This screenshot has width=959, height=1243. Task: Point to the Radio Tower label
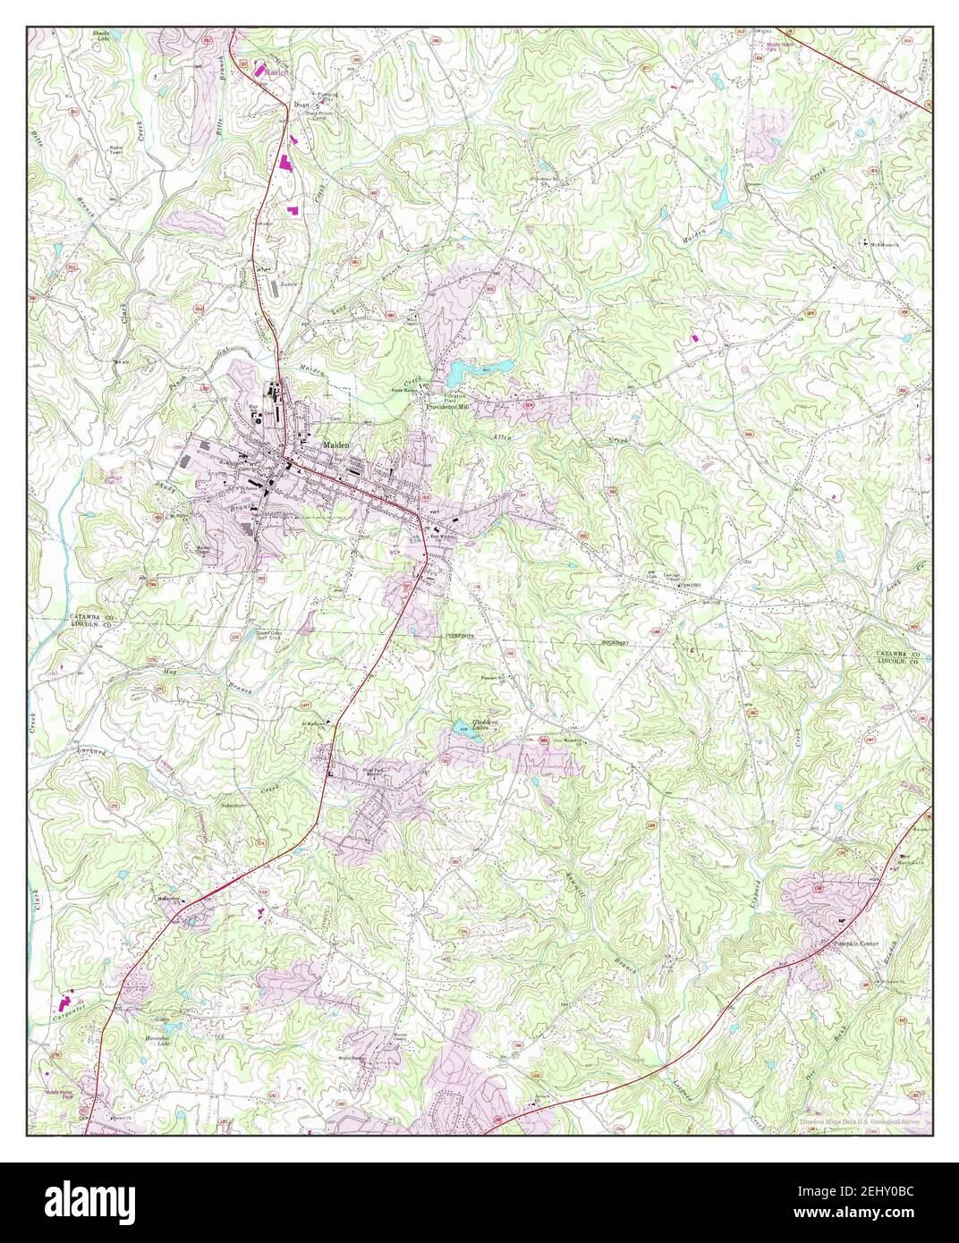point(116,149)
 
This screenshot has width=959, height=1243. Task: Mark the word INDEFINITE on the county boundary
point(460,636)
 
